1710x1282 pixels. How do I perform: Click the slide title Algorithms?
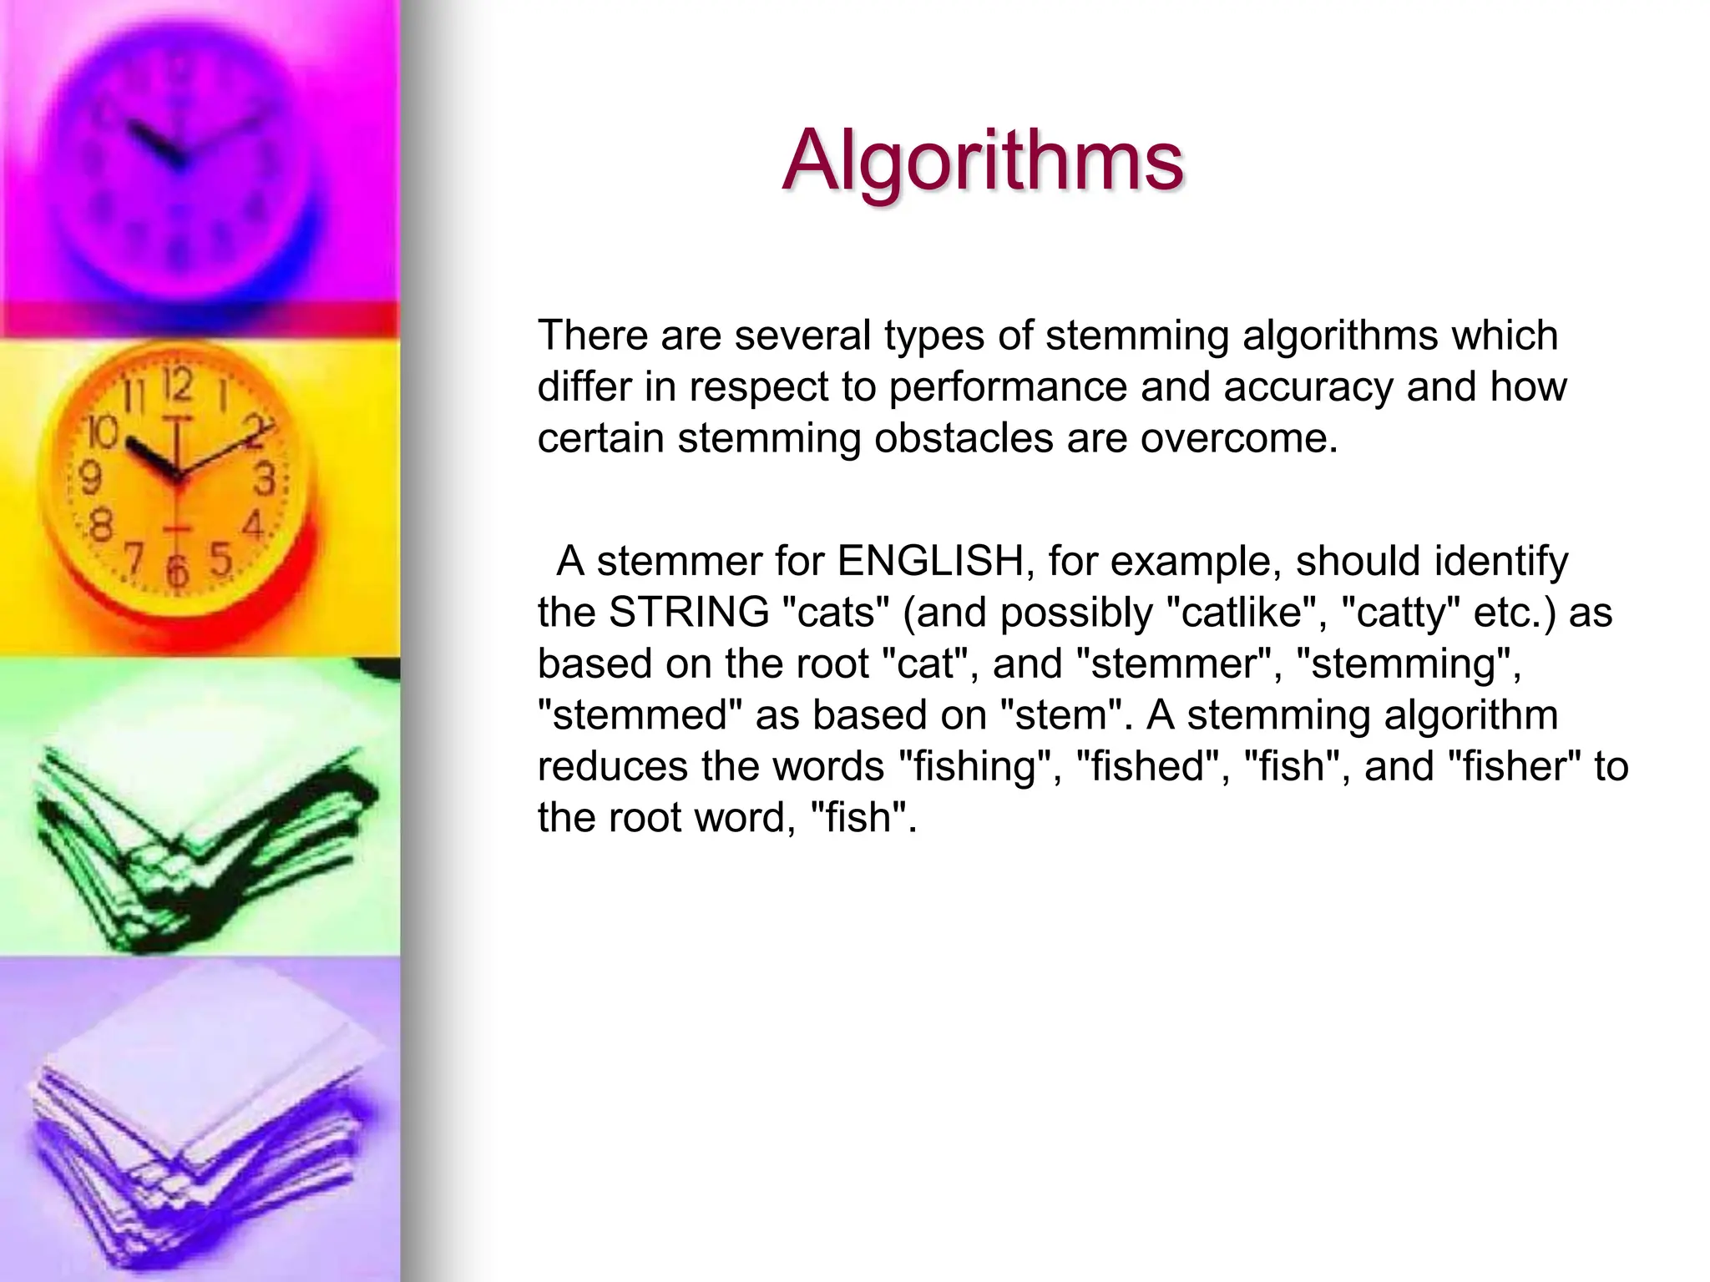983,160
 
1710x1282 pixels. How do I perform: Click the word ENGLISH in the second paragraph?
930,561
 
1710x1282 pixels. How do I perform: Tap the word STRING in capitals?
689,612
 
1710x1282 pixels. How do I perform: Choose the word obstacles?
964,438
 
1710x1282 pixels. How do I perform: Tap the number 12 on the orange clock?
177,385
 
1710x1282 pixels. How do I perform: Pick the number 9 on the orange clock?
90,479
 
